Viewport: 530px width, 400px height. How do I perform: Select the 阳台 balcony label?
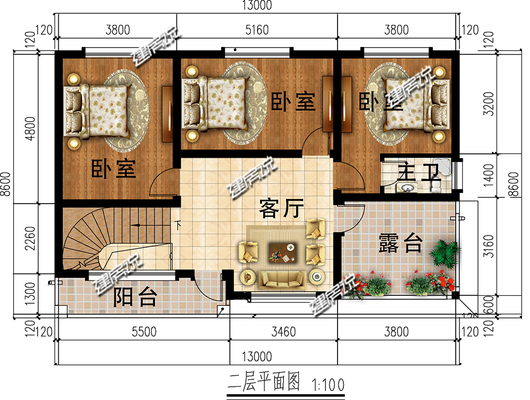pyautogui.click(x=136, y=298)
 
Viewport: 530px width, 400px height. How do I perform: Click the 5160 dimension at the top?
pyautogui.click(x=258, y=30)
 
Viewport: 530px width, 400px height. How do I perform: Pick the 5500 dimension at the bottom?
pyautogui.click(x=144, y=332)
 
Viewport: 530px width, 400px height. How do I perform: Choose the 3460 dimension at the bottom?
pyautogui.click(x=283, y=332)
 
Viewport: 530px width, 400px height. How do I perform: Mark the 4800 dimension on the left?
pyautogui.click(x=30, y=127)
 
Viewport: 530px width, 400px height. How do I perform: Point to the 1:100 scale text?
pyautogui.click(x=329, y=382)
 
